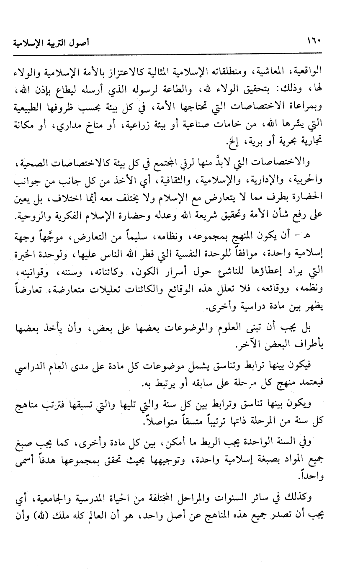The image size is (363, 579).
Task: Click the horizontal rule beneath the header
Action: [x=181, y=53]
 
